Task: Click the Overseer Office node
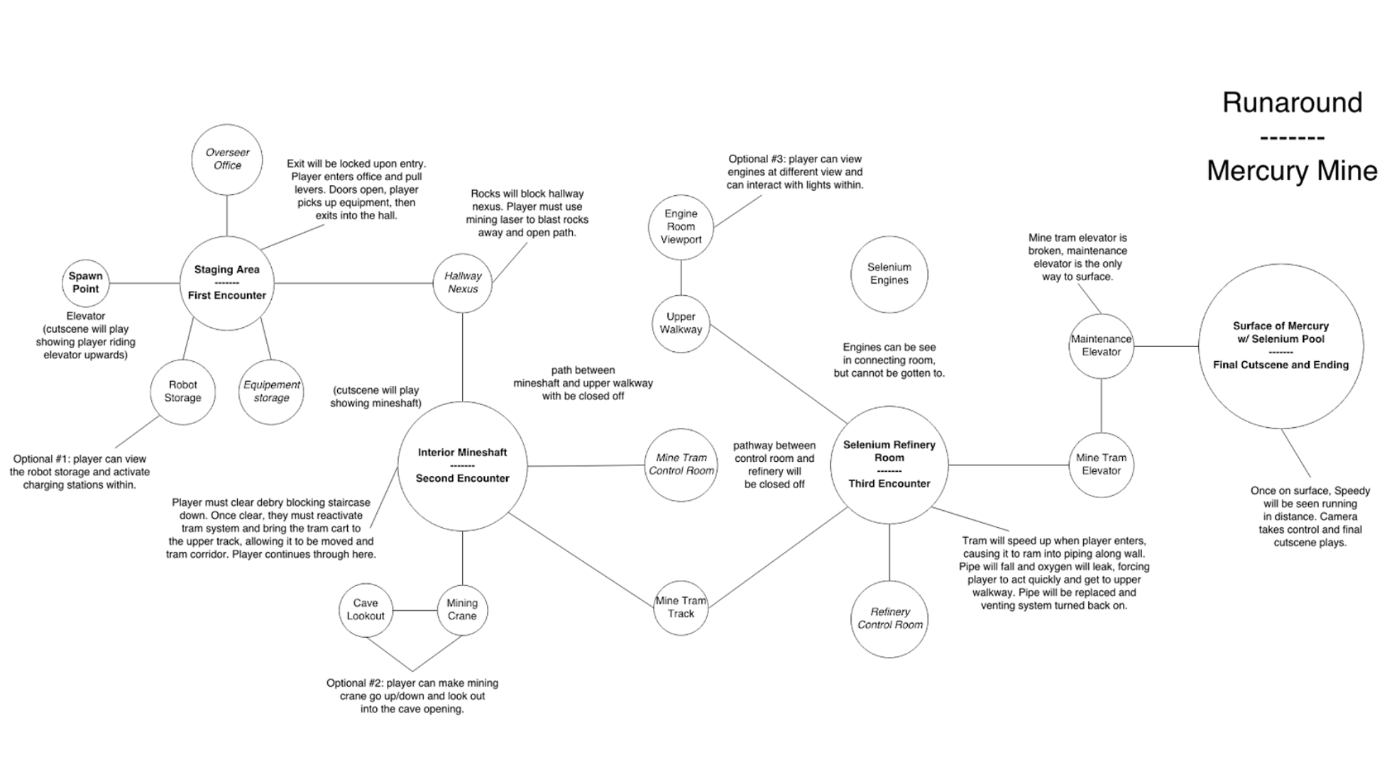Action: point(227,160)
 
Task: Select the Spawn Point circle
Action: point(85,283)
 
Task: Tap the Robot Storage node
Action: point(182,392)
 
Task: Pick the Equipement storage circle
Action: point(271,392)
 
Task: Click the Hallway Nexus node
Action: point(463,283)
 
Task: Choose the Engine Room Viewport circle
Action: point(681,227)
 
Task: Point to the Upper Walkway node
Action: point(681,324)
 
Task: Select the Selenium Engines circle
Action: point(889,274)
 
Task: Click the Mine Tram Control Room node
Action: point(681,465)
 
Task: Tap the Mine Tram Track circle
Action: point(681,607)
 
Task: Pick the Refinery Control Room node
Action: point(889,619)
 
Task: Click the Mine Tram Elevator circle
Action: point(1101,465)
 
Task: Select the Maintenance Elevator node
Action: point(1101,346)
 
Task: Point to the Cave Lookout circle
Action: point(366,610)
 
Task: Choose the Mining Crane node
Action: point(462,610)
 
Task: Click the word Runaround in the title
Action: point(1292,103)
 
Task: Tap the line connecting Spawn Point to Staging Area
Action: point(145,283)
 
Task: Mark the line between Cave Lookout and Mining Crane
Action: point(415,610)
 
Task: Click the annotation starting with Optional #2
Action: point(412,696)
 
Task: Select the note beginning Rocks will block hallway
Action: point(527,213)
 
